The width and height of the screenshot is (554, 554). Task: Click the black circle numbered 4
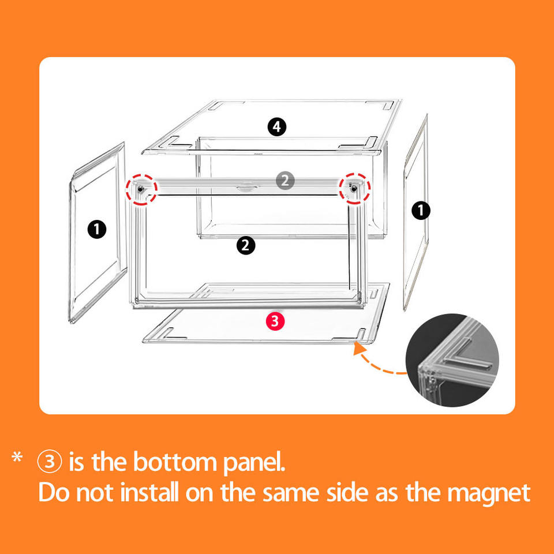(277, 126)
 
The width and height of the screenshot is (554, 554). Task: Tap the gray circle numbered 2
(285, 181)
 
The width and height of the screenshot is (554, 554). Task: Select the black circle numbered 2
(246, 245)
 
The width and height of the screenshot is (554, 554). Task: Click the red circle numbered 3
(275, 321)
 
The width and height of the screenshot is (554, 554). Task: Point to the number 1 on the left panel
(97, 230)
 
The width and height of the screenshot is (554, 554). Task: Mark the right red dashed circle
(354, 187)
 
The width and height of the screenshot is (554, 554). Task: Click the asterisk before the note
(17, 460)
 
